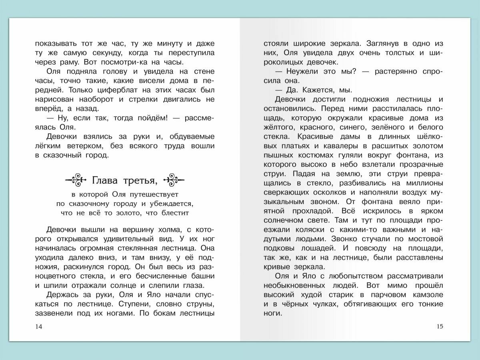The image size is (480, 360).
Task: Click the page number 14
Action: (38, 327)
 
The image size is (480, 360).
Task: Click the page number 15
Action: (440, 327)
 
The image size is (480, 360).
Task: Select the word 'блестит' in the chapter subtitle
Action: (175, 213)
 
